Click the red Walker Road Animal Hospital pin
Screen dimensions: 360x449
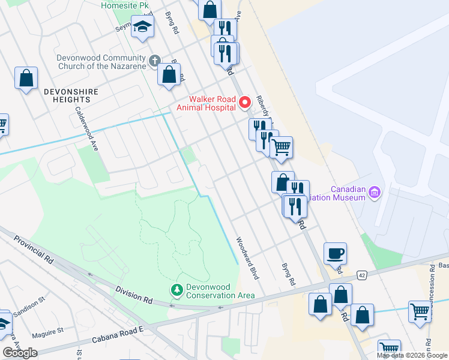[x=245, y=103]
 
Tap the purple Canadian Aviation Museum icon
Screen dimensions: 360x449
[x=375, y=192]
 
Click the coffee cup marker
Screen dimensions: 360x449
[x=336, y=253]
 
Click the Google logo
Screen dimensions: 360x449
[x=20, y=353]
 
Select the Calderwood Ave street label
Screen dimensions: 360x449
[x=86, y=128]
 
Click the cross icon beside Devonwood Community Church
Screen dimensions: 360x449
[x=154, y=61]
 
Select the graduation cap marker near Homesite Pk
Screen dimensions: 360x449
[x=142, y=28]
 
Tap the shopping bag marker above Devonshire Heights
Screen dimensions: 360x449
[x=26, y=78]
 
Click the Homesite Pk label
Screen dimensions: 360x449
[x=125, y=5]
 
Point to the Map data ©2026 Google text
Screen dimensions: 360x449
[x=412, y=355]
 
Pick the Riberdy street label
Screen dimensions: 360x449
[x=264, y=108]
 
